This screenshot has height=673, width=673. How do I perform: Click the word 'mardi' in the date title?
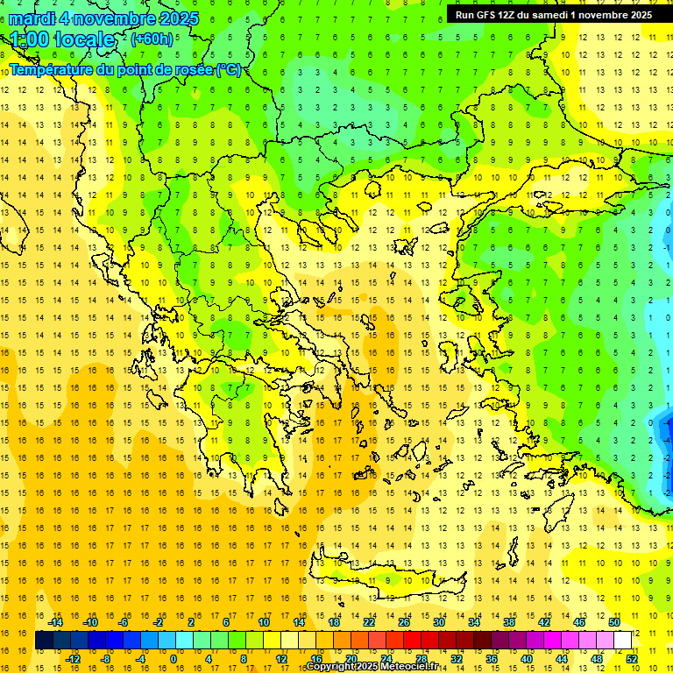34,18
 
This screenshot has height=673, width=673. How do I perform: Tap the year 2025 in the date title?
174,18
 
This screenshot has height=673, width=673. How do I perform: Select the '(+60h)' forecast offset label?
152,39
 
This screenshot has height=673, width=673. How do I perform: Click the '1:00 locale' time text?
62,39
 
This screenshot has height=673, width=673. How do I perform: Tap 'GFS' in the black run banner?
495,15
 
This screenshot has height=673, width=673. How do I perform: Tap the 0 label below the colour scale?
174,659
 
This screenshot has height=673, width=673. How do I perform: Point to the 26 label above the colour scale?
404,622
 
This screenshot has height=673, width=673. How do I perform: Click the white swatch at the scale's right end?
623,641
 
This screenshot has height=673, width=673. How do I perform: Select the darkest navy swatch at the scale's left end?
44,641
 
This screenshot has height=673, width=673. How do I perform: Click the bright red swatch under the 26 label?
412,641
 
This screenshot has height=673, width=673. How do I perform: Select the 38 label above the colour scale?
509,622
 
